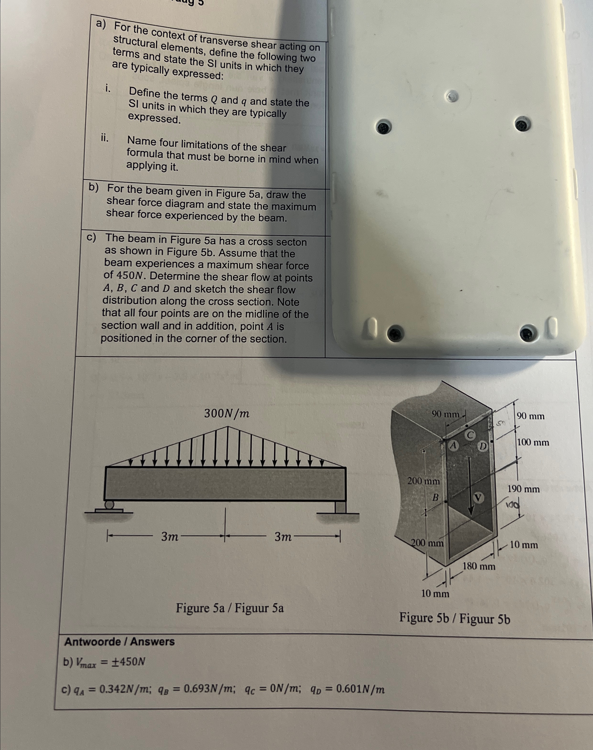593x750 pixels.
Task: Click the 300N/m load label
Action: pos(227,414)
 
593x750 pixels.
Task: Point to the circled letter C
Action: pos(470,435)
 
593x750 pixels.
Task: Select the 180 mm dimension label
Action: pos(479,567)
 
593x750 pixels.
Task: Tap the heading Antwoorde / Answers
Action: pos(119,642)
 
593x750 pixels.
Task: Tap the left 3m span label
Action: pos(170,537)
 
